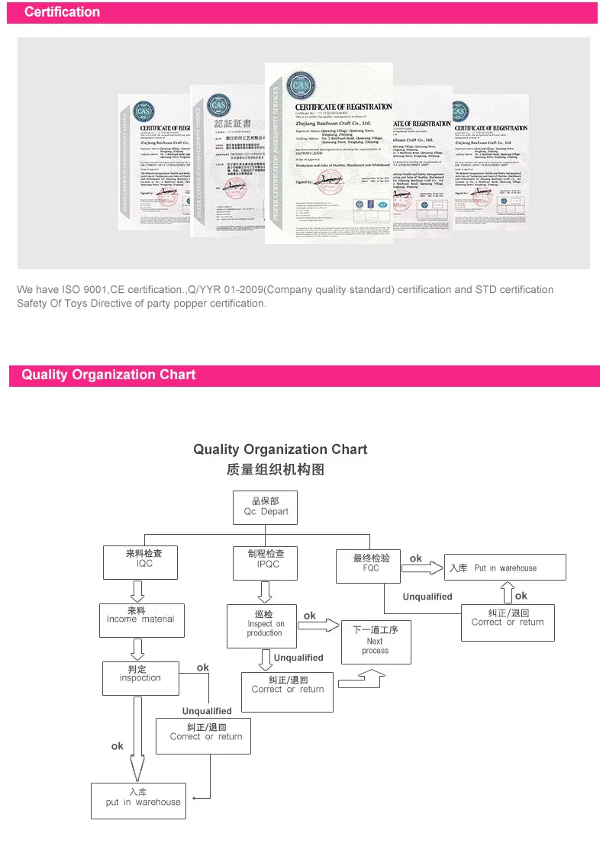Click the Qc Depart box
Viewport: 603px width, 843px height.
(266, 507)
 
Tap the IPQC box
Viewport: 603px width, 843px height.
(266, 561)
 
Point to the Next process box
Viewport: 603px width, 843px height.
(375, 641)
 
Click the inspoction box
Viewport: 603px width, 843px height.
(140, 677)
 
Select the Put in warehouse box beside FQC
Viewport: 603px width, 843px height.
(505, 568)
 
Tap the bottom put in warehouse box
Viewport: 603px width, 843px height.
(139, 801)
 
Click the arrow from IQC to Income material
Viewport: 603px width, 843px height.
(138, 590)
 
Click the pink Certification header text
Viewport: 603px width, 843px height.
(62, 12)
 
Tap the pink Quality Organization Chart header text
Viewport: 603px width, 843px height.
(108, 375)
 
